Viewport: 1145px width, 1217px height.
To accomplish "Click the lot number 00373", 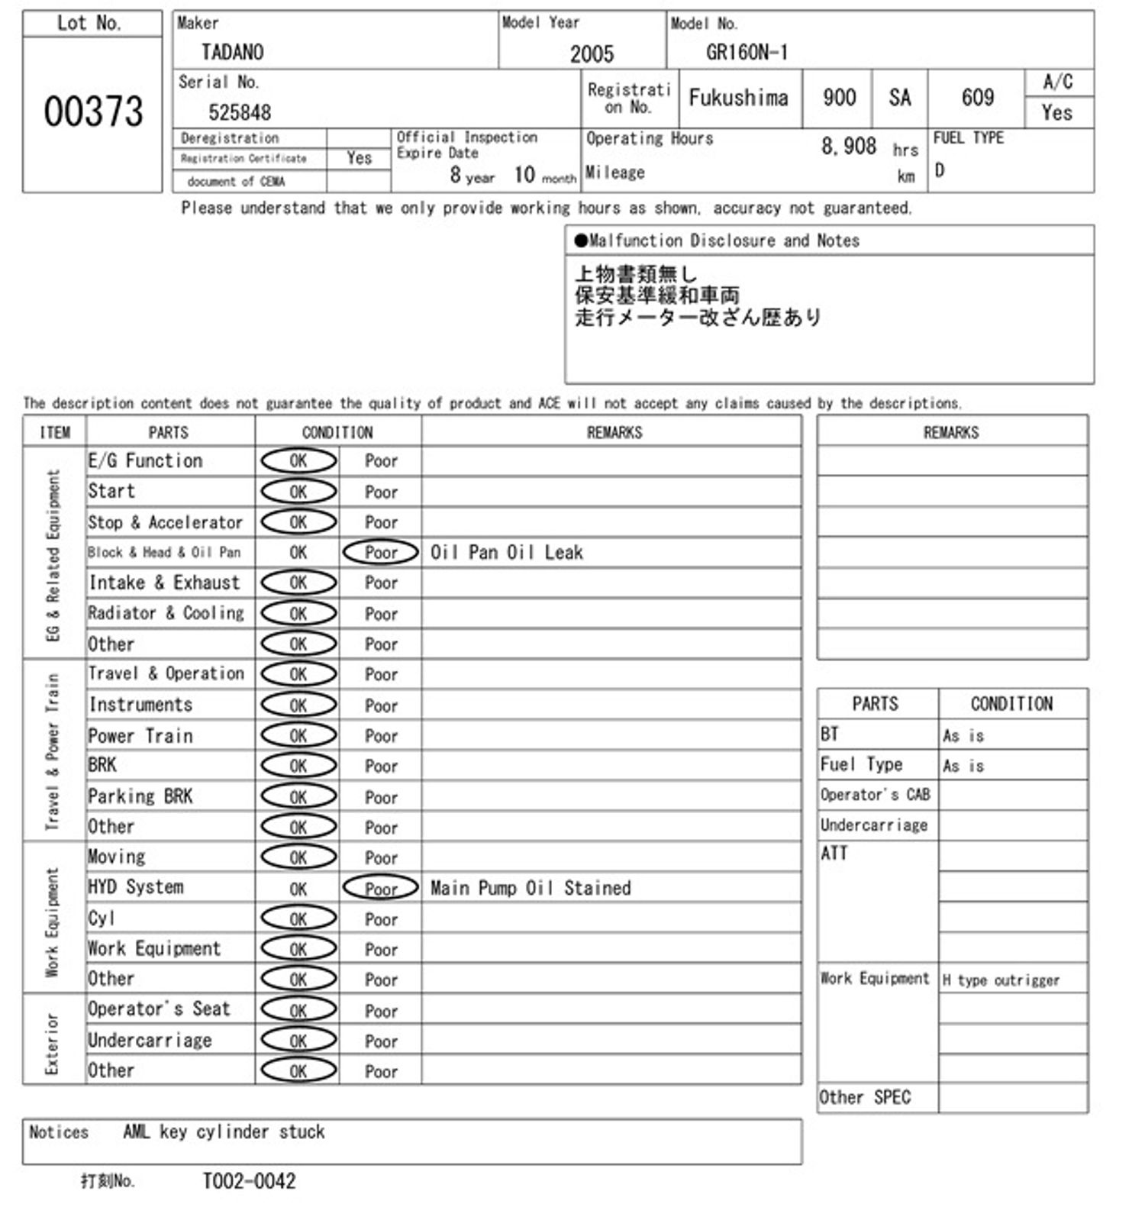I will click(x=93, y=111).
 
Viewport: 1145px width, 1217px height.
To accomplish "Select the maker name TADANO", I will click(x=232, y=52).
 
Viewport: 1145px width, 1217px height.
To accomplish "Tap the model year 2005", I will click(x=592, y=53).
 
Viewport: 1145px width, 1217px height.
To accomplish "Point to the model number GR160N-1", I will click(x=747, y=52).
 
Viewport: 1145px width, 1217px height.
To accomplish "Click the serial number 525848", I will click(x=240, y=112).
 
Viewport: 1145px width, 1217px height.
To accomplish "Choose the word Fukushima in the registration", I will click(x=738, y=98).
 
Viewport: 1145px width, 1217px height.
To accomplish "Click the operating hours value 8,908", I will click(x=848, y=146).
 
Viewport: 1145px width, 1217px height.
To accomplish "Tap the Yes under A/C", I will click(x=1057, y=113).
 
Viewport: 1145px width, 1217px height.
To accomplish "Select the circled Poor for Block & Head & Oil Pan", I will click(x=381, y=552).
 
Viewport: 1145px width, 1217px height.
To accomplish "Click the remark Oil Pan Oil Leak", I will click(x=506, y=552).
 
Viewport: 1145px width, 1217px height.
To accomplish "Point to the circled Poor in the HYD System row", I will click(x=381, y=888).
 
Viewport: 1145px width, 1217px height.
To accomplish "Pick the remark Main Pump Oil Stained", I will click(x=531, y=888).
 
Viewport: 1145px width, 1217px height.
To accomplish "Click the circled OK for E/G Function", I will click(x=298, y=461).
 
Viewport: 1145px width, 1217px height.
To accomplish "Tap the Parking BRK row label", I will click(x=140, y=796).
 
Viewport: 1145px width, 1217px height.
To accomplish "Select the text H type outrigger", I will click(x=1001, y=980).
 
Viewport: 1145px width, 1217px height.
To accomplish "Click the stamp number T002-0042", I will click(x=249, y=1181).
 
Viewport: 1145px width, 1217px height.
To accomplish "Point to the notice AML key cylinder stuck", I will click(x=224, y=1131).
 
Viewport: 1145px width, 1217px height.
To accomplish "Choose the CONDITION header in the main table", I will click(x=337, y=432).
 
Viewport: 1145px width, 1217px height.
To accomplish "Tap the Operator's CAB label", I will click(x=875, y=795).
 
